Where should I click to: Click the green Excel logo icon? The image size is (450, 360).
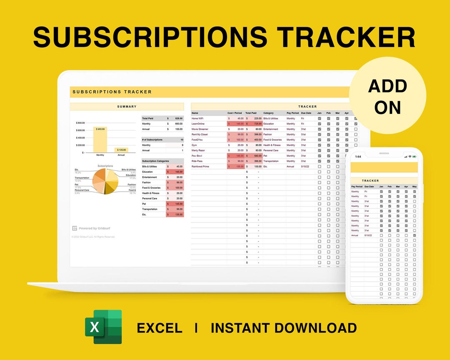tap(103, 327)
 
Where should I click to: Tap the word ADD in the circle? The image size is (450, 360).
tap(387, 86)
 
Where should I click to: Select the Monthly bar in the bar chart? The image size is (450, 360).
tap(100, 140)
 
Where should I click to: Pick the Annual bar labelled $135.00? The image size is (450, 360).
tap(121, 150)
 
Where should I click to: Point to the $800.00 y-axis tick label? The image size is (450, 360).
tap(80, 123)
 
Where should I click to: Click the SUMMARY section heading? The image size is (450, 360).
tap(127, 107)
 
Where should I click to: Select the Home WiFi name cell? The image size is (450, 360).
tap(198, 118)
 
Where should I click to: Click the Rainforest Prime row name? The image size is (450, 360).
tap(200, 166)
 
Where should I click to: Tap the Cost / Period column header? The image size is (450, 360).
tap(235, 113)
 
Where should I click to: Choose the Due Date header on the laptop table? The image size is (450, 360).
tap(306, 113)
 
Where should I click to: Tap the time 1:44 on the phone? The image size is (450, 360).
tap(358, 156)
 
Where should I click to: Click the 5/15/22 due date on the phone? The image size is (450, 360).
tap(368, 235)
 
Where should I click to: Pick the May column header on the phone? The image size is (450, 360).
tap(414, 187)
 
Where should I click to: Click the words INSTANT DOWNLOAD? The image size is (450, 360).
tap(283, 328)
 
